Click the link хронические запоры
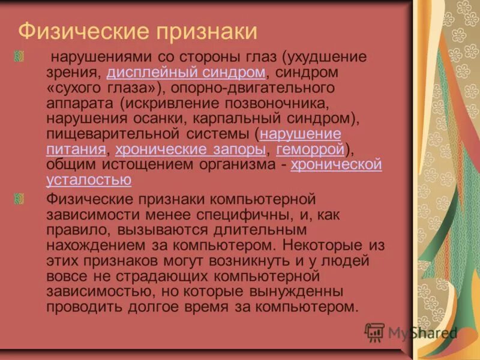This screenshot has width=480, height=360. tap(190, 148)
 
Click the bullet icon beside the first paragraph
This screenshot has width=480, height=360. tap(19, 58)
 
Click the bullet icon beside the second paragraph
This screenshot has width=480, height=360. tap(19, 199)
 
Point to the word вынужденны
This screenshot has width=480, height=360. tap(290, 292)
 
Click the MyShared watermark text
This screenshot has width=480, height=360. tap(422, 333)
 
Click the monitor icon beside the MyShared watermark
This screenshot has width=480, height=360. tap(375, 332)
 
